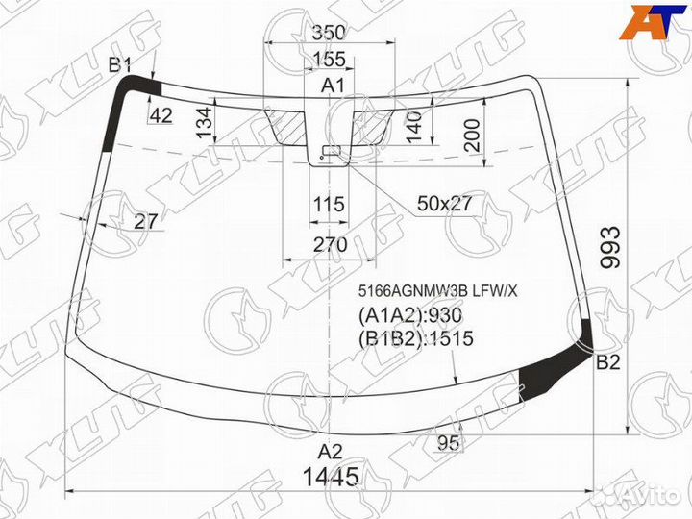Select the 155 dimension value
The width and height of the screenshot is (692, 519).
pyautogui.click(x=330, y=60)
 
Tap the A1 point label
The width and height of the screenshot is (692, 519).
pyautogui.click(x=333, y=86)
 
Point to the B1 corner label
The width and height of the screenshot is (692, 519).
pyautogui.click(x=120, y=64)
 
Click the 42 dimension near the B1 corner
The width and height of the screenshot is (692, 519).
pyautogui.click(x=161, y=115)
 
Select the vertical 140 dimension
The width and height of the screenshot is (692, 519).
pyautogui.click(x=414, y=125)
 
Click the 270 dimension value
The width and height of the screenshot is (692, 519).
pyautogui.click(x=329, y=244)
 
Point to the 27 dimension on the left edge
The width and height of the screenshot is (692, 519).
pyautogui.click(x=146, y=221)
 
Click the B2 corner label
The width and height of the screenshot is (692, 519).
pyautogui.click(x=608, y=362)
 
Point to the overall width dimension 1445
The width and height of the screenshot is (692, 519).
pyautogui.click(x=332, y=476)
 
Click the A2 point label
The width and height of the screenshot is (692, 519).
pyautogui.click(x=331, y=451)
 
